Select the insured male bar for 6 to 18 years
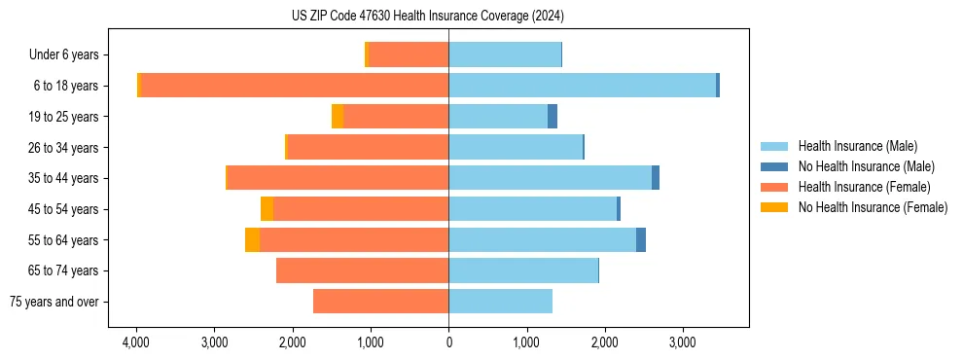[x=582, y=86]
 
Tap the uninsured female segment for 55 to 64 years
[x=252, y=239]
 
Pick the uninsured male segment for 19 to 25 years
[x=553, y=117]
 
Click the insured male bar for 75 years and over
[x=500, y=302]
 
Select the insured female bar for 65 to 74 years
[x=362, y=270]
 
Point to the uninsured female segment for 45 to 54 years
[x=267, y=209]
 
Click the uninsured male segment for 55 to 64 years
[x=641, y=239]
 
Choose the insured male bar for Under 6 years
[x=505, y=55]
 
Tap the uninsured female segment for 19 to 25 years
[x=338, y=117]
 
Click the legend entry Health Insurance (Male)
[x=857, y=146]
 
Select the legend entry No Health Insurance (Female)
[x=872, y=207]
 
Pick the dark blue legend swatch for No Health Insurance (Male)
[x=774, y=166]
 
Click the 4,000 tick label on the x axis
[x=136, y=343]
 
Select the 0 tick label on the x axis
[x=448, y=343]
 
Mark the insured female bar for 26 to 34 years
[x=368, y=148]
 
